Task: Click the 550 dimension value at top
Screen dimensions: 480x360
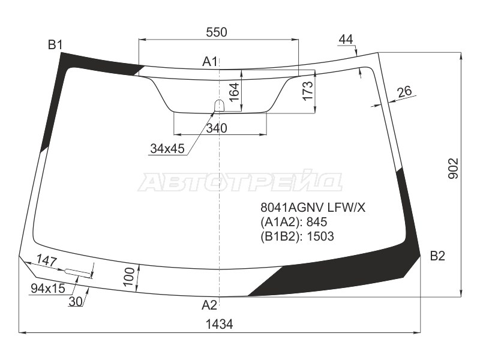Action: [217, 32]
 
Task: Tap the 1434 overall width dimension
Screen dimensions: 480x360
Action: [219, 324]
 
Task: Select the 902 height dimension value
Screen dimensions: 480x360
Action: [453, 168]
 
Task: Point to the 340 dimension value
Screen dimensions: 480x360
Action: [217, 128]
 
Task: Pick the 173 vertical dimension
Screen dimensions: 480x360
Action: [307, 91]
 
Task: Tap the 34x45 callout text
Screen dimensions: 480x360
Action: [167, 148]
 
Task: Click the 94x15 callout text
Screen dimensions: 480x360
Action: [48, 288]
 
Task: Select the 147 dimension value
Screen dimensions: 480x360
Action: [47, 261]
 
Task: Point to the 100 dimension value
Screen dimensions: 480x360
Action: [130, 277]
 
